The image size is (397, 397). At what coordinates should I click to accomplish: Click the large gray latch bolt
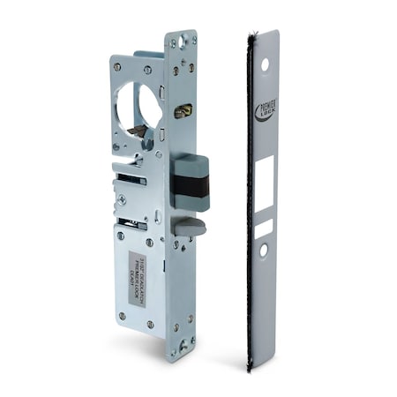click(191, 181)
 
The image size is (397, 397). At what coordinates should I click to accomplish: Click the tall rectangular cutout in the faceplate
click(265, 184)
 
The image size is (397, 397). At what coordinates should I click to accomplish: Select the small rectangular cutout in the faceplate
click(264, 228)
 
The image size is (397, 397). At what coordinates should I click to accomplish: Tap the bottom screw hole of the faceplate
click(264, 251)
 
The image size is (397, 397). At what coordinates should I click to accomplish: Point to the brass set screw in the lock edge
click(184, 111)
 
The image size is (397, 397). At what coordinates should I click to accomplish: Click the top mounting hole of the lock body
click(184, 40)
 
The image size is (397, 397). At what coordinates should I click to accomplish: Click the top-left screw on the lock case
click(116, 66)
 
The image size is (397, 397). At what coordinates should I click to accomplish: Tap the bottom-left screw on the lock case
click(122, 315)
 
